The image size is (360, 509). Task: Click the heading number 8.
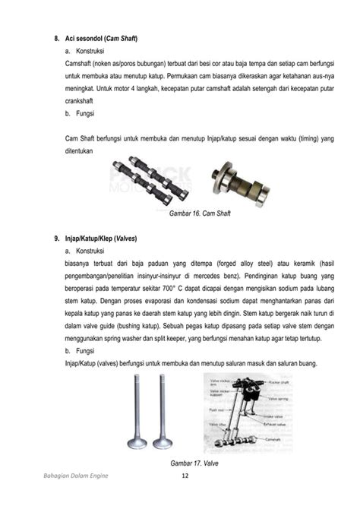click(x=56, y=37)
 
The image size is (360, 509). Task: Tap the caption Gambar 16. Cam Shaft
click(x=200, y=213)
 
